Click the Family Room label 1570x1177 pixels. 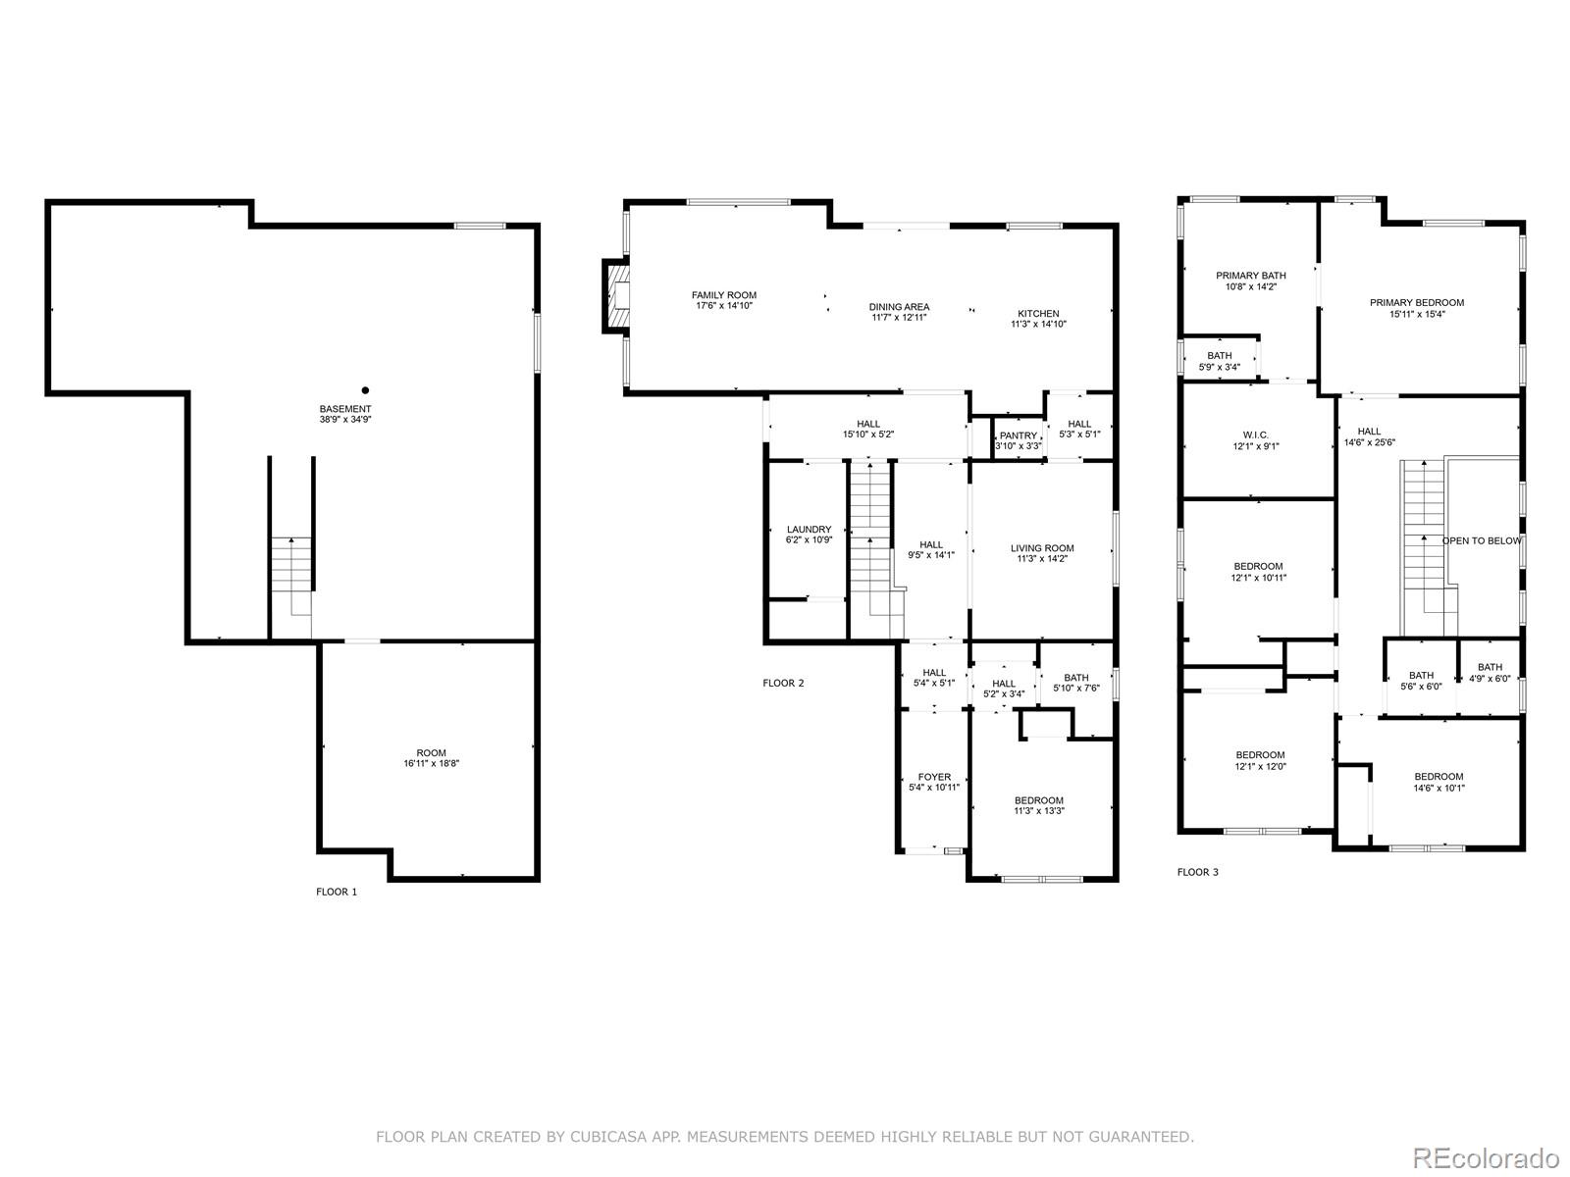click(724, 295)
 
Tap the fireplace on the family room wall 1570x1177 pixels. click(615, 296)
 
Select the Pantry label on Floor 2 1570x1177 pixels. click(1018, 435)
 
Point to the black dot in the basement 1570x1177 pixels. click(365, 390)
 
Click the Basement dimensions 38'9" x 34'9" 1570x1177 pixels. click(345, 420)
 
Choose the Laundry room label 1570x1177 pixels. click(809, 530)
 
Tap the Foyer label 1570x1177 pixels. click(935, 777)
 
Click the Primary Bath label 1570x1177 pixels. click(1251, 276)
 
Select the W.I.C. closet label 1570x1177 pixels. click(1255, 435)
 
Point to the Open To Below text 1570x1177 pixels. click(1482, 541)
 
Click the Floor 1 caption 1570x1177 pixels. click(337, 892)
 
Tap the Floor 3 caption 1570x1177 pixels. click(1198, 872)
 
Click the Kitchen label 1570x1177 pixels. click(1038, 314)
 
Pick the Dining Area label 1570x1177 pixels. click(899, 307)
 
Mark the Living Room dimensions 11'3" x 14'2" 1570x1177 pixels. click(1042, 559)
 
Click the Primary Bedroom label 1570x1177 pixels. click(1417, 303)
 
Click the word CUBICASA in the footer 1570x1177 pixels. click(602, 1137)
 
